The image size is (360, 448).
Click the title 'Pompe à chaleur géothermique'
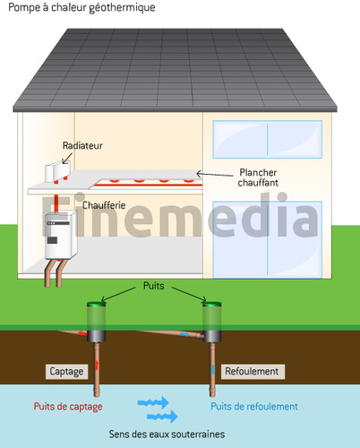tap(81, 7)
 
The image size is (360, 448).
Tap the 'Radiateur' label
tap(82, 145)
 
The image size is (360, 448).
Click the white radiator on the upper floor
tap(57, 171)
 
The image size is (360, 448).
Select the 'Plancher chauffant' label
tap(258, 177)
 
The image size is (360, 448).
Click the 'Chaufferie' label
tap(104, 205)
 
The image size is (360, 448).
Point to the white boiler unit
tap(61, 235)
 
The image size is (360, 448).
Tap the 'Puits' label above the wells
tap(154, 286)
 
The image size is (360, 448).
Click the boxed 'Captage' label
tap(66, 372)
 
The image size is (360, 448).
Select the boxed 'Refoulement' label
tap(253, 372)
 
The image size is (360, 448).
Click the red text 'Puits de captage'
tap(68, 407)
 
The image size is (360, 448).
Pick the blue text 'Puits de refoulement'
tap(254, 406)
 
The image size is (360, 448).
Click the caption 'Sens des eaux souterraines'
tap(167, 434)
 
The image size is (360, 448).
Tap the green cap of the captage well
tap(96, 304)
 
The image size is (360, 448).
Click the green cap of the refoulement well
tap(212, 304)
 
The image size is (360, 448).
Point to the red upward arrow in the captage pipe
tap(97, 366)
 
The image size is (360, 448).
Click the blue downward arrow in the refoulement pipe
tap(213, 369)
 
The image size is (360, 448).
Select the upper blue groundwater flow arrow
tap(153, 402)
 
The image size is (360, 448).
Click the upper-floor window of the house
tap(268, 139)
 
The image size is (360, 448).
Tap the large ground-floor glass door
tap(268, 240)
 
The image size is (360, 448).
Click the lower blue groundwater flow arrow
tap(162, 417)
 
